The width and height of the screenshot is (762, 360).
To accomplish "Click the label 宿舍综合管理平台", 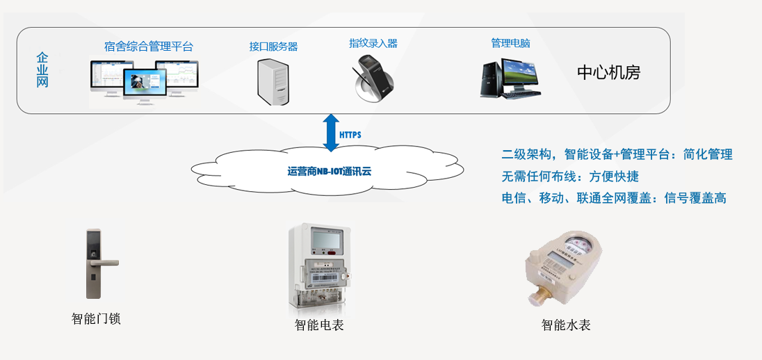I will [x=149, y=47].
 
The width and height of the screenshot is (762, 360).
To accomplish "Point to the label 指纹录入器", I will [x=373, y=43].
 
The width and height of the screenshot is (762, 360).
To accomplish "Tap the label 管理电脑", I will [x=510, y=43].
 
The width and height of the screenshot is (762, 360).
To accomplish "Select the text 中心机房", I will [x=608, y=72].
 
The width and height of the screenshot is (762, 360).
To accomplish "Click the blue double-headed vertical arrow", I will [x=331, y=133].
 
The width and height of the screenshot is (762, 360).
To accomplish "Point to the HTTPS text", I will [x=350, y=134].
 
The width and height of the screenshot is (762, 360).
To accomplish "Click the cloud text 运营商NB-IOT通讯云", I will [x=329, y=169].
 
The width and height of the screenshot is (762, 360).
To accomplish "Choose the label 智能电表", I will [x=319, y=325].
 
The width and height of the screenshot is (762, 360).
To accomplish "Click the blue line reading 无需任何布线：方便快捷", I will [x=570, y=176].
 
